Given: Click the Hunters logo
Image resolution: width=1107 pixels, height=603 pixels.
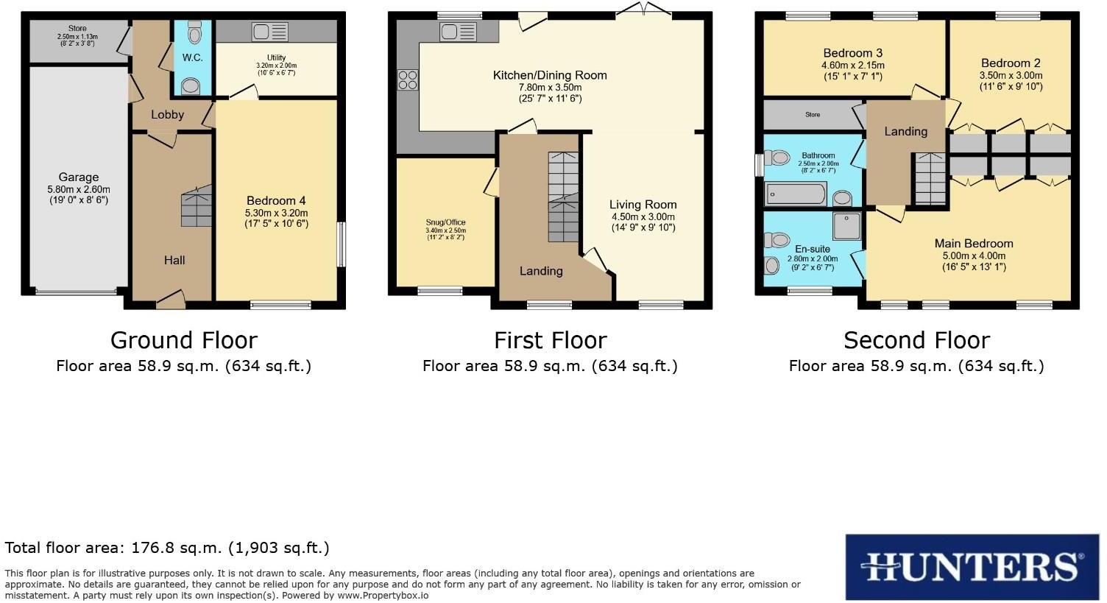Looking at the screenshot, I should pos(972,567).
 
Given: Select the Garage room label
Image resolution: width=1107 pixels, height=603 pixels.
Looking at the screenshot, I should pos(79,177).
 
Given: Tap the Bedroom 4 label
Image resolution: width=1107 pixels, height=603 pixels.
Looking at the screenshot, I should pos(276,201).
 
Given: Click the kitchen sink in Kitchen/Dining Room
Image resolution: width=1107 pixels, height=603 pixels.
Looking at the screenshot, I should pos(458,32).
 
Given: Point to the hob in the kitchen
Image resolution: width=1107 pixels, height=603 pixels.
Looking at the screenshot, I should pos(407,79).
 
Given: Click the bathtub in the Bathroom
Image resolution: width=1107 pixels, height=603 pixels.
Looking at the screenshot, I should pos(796,194).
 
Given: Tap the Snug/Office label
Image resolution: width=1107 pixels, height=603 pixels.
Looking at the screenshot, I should pos(445,222).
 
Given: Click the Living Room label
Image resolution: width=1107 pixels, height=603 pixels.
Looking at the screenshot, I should pos(643,205).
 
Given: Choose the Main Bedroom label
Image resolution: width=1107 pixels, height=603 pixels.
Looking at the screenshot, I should pos(973,244).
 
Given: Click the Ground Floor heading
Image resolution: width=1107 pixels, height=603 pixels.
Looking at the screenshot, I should pos(183,340).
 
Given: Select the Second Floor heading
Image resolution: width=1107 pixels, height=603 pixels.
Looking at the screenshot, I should pos(916,340).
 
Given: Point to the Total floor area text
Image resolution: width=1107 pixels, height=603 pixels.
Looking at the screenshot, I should pos(167,548).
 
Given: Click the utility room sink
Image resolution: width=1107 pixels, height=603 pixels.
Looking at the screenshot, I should pos(269,32).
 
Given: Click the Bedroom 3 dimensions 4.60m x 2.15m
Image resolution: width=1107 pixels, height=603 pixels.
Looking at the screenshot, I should pos(852,66).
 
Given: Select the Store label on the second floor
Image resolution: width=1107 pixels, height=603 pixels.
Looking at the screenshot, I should pos(812,115).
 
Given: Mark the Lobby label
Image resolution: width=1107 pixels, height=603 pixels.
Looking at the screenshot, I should pos(167,115).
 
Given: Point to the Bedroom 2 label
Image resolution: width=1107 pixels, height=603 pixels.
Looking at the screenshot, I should pos(1010,63).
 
